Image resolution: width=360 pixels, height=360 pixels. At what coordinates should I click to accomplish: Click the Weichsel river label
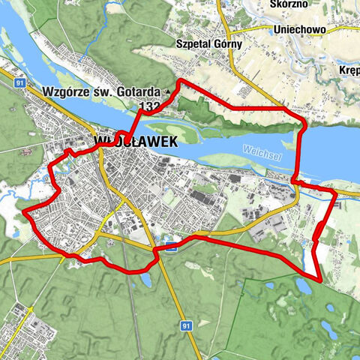point(260,149)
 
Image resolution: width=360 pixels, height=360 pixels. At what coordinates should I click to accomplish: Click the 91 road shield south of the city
point(185,325)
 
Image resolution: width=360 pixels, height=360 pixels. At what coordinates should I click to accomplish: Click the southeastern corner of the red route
point(320,280)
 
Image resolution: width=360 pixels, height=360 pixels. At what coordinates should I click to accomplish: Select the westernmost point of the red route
point(25,212)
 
